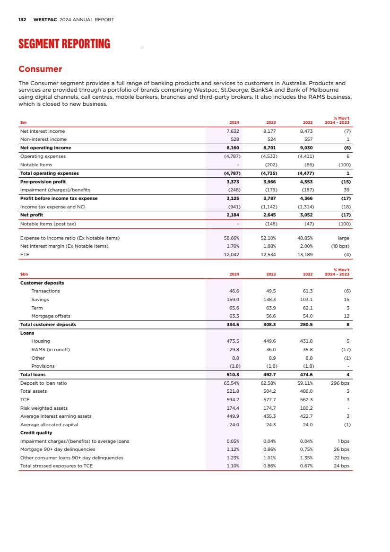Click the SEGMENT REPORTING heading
point(64,44)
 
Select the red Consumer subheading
point(40,69)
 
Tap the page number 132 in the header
point(22,20)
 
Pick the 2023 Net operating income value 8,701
point(269,148)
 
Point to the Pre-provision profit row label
point(43,181)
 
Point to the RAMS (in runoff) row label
point(50,350)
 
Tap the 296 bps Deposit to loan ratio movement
point(340,383)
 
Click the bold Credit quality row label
point(36,433)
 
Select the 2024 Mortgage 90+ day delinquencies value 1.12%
point(232,449)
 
